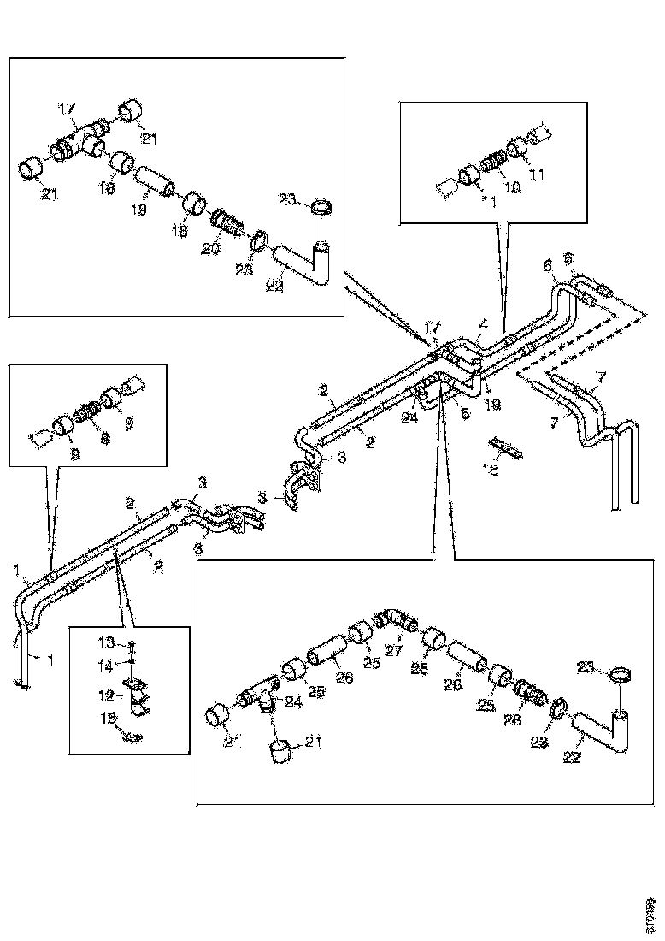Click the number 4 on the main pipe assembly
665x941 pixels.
click(x=483, y=325)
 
